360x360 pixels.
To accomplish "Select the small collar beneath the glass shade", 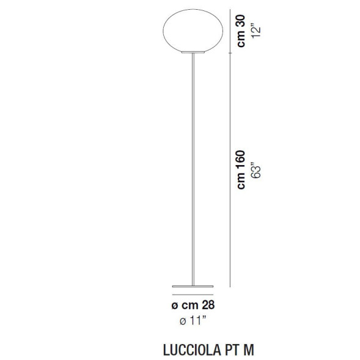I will coord(193,53).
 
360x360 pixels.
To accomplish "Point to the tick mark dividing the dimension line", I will coord(230,53).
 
